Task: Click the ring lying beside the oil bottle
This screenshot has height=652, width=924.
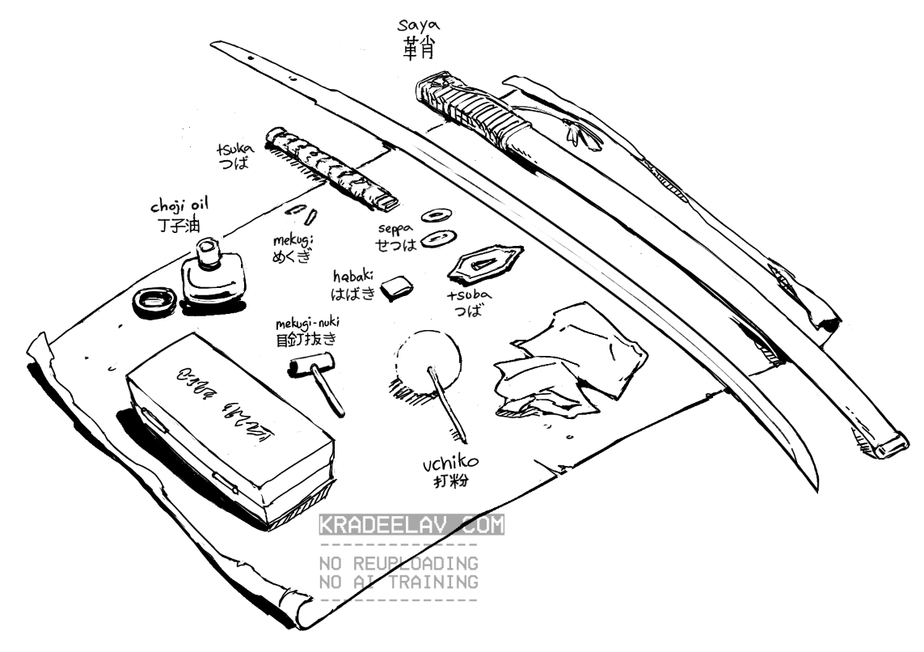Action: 153,300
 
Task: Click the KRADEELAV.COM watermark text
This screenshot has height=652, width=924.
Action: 412,525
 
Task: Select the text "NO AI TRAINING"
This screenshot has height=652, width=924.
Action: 399,582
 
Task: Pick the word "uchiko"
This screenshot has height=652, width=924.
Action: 450,466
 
